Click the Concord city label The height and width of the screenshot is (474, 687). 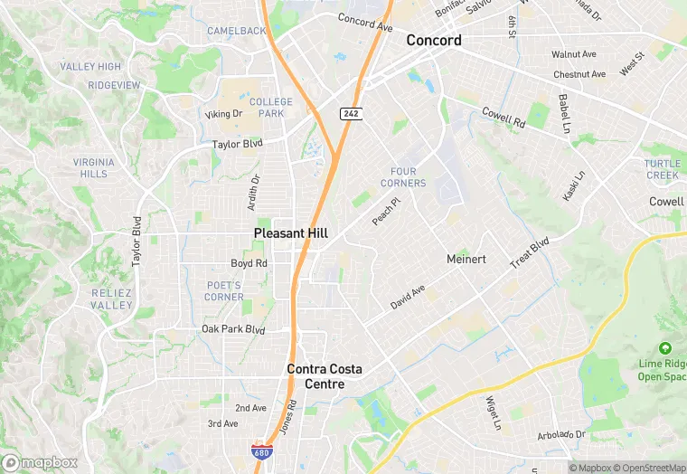pyautogui.click(x=434, y=40)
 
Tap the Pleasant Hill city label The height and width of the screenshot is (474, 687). pyautogui.click(x=290, y=232)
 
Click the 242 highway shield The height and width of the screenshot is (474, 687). pyautogui.click(x=351, y=113)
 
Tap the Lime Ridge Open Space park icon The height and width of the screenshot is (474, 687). pyautogui.click(x=665, y=348)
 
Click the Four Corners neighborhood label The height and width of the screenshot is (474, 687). pyautogui.click(x=403, y=177)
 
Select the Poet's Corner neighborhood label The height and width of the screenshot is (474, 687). pyautogui.click(x=224, y=290)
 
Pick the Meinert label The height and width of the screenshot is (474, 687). pyautogui.click(x=466, y=259)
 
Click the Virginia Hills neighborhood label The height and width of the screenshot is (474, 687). pyautogui.click(x=93, y=167)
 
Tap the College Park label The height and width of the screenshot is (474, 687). pyautogui.click(x=271, y=108)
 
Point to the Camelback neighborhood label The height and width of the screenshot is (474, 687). pyautogui.click(x=237, y=31)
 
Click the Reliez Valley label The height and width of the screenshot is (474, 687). pyautogui.click(x=112, y=299)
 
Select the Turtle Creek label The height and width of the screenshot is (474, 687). pyautogui.click(x=662, y=169)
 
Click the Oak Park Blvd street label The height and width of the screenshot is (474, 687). pyautogui.click(x=233, y=329)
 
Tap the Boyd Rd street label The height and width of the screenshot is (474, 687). pyautogui.click(x=249, y=264)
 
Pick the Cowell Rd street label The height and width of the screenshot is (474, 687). pyautogui.click(x=503, y=117)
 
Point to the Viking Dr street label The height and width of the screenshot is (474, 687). pyautogui.click(x=224, y=114)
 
